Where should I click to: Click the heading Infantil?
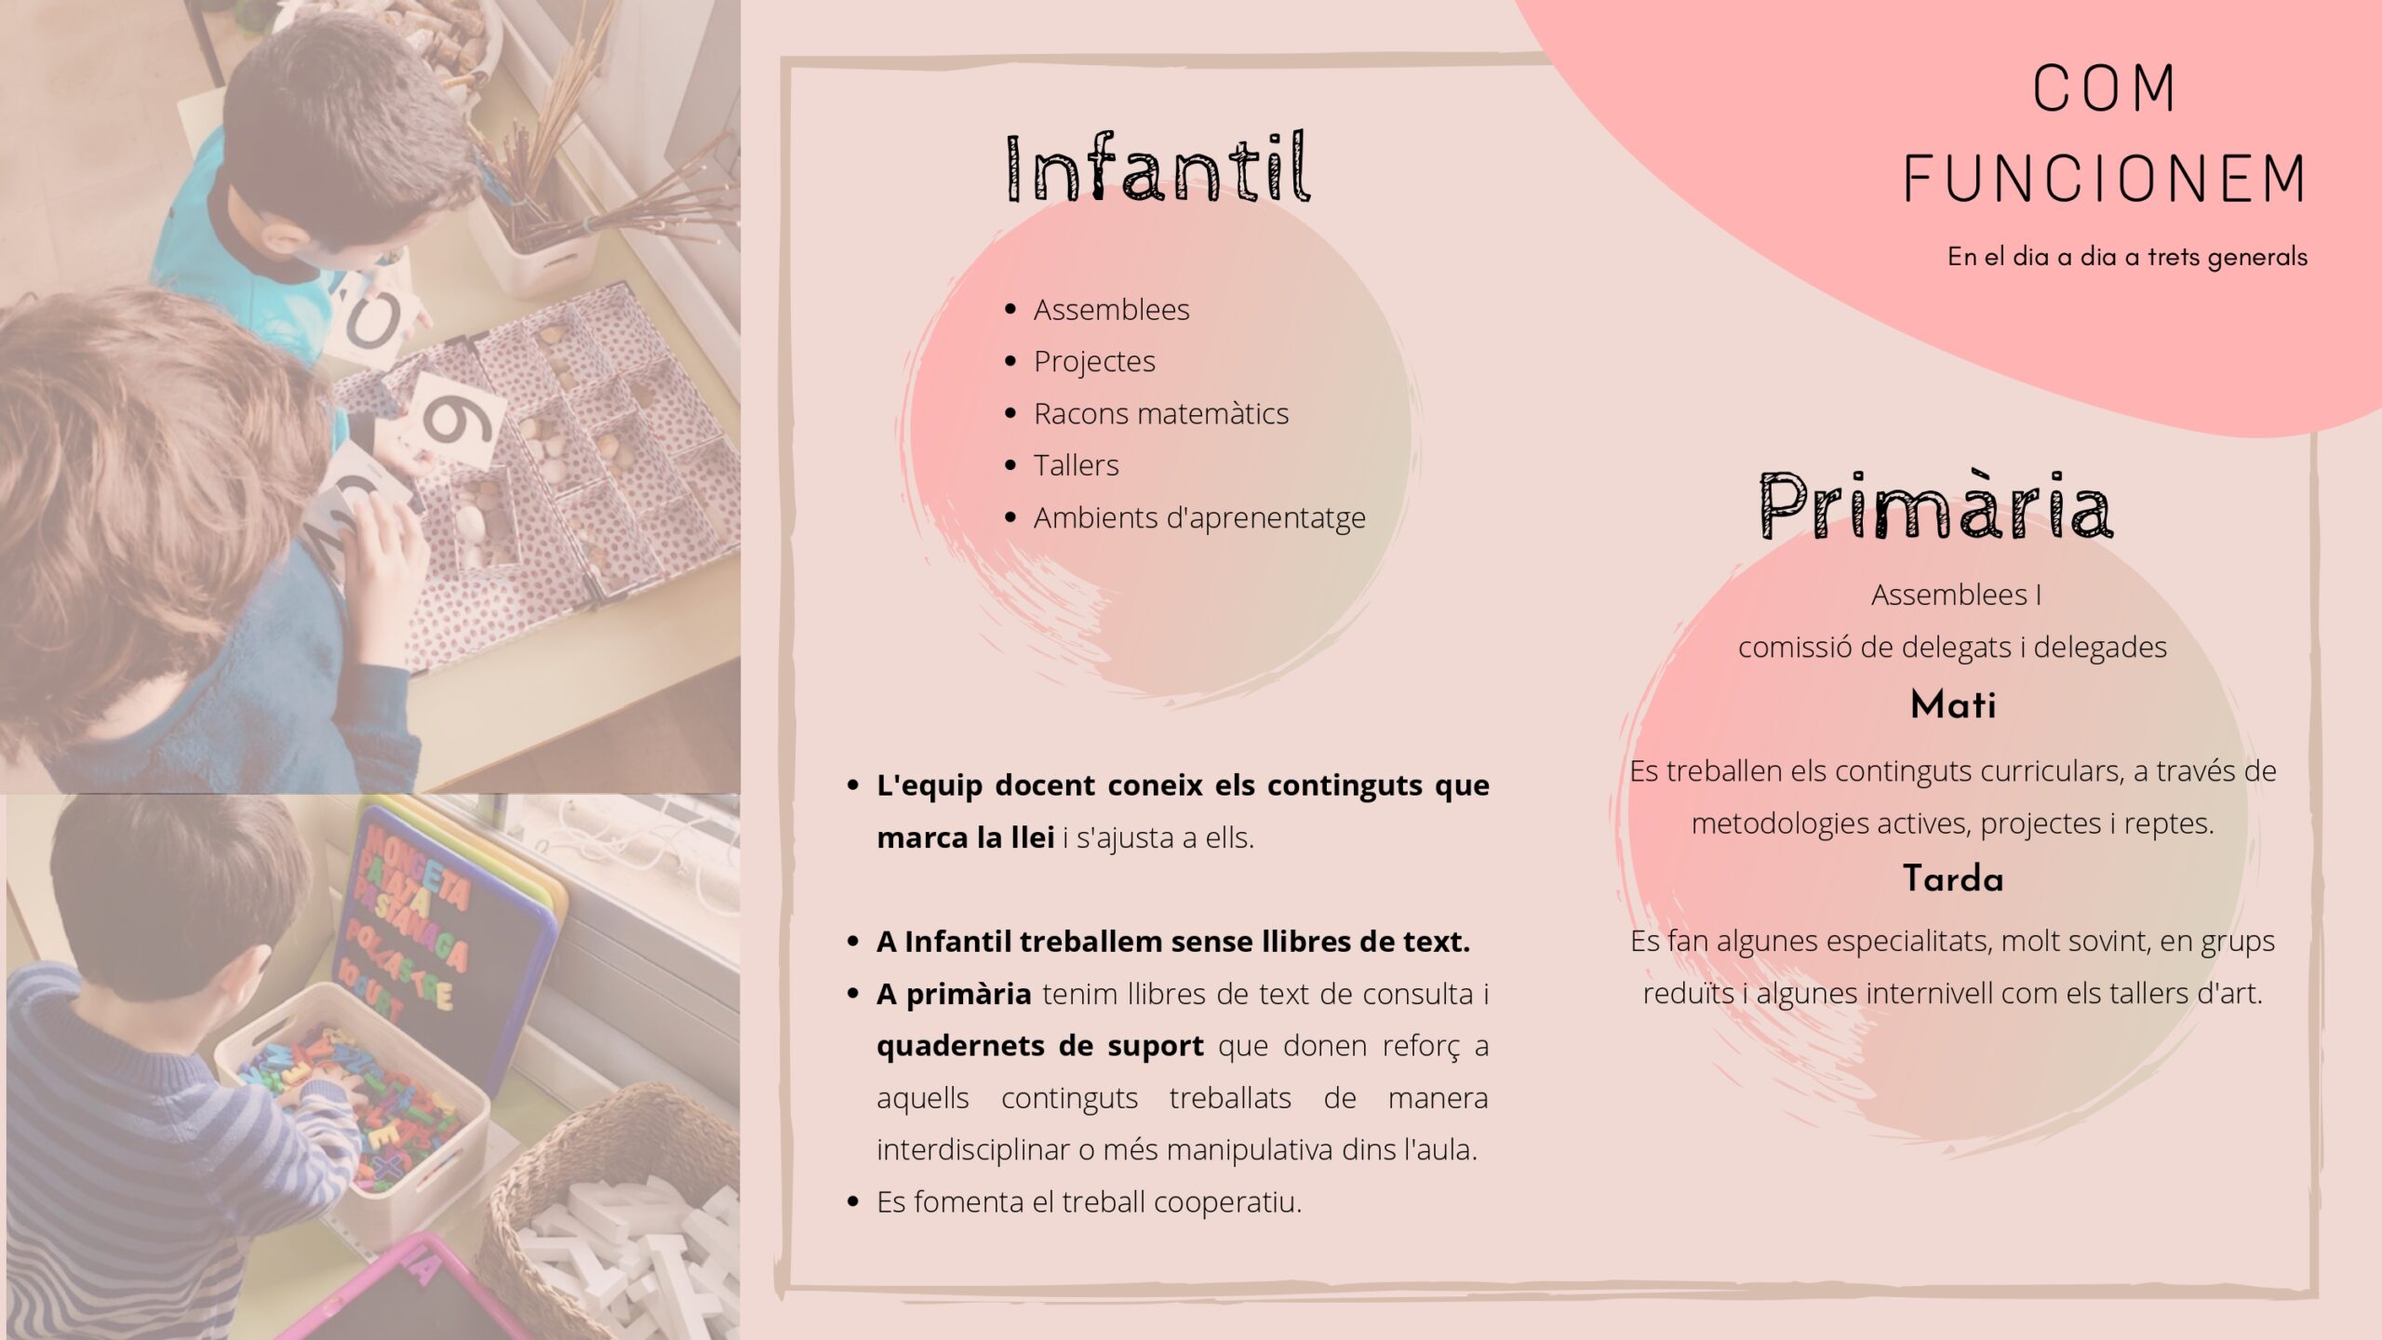1158,167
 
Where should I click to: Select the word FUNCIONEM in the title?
2105,178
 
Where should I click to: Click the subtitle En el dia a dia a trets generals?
2127,257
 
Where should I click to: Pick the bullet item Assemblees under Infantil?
1111,309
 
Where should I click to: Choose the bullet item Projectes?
1094,361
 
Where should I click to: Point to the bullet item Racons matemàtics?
1161,413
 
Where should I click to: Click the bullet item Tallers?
1076,465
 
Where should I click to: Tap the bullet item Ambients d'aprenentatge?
1199,517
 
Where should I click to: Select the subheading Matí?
1952,704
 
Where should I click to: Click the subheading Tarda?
1952,878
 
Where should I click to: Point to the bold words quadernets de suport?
1040,1046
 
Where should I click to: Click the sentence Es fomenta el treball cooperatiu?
1089,1202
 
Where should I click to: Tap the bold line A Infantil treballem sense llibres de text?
1173,942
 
